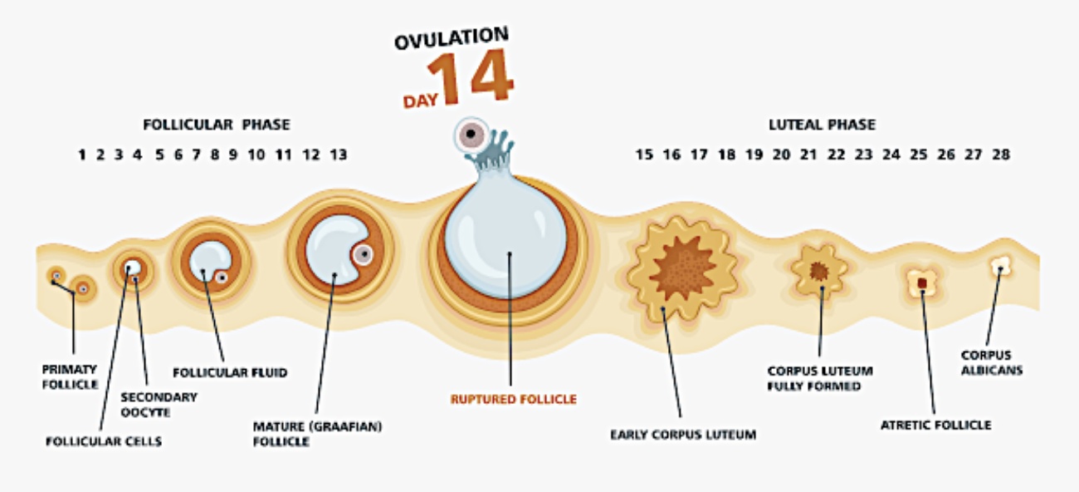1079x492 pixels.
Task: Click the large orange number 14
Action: (475, 78)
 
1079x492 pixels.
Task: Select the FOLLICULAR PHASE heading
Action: (217, 125)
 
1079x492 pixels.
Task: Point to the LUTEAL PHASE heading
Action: (821, 125)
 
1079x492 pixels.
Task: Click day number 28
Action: (1000, 155)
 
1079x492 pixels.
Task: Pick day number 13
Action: (338, 155)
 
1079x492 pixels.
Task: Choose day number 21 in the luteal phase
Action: (808, 155)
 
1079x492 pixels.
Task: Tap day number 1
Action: (82, 155)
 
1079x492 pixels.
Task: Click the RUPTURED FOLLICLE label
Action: (513, 400)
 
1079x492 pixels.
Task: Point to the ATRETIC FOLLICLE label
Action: (935, 425)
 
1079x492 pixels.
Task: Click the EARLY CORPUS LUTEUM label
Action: (683, 434)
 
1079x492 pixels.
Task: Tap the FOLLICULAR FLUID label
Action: (230, 372)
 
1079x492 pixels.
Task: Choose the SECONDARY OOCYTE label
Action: (159, 405)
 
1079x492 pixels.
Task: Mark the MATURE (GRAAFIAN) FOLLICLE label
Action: (306, 434)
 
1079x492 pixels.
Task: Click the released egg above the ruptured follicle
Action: (471, 133)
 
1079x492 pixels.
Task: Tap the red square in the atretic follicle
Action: (921, 283)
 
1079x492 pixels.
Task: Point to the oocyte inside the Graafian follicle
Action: (363, 255)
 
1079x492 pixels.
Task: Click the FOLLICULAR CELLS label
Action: (104, 441)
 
